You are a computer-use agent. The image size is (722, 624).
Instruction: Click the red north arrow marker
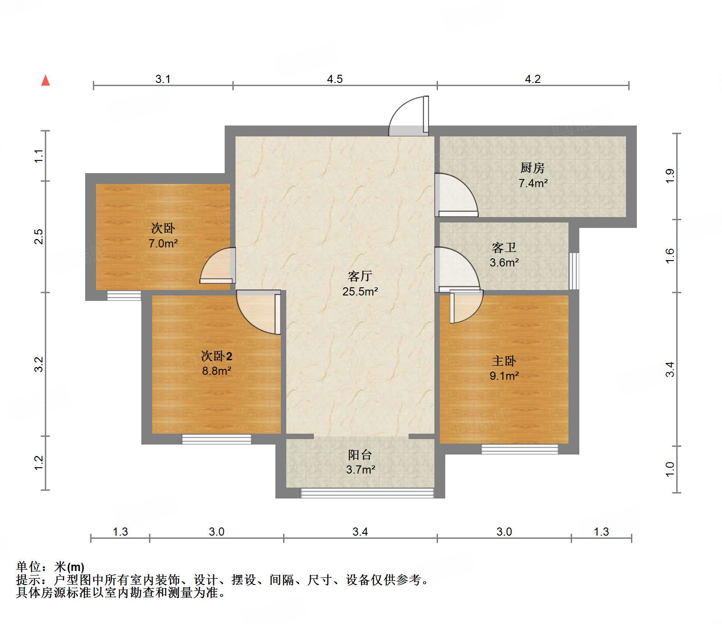pos(45,80)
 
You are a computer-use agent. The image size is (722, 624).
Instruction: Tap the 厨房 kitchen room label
pos(532,168)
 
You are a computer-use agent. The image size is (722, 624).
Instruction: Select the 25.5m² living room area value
pos(360,291)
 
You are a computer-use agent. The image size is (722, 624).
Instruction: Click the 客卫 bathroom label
pos(504,247)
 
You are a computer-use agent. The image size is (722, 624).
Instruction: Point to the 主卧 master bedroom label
pos(504,361)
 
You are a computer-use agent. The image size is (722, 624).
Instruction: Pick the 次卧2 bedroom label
pos(217,356)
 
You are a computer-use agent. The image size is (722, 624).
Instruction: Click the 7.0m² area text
pos(163,243)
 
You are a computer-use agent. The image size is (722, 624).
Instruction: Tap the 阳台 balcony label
pos(360,455)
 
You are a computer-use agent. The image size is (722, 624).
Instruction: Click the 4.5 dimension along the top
pos(335,79)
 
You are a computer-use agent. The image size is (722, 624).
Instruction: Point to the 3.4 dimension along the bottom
pos(360,532)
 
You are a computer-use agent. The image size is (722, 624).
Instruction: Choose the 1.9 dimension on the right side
pos(670,176)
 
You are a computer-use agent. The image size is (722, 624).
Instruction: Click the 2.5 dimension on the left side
pos(39,237)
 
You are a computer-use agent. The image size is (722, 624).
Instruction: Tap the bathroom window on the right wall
pos(574,271)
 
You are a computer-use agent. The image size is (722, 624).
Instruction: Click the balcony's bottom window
pos(367,493)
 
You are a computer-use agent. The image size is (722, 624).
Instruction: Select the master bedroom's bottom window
pos(520,449)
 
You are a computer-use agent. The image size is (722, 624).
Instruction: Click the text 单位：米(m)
pos(50,566)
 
